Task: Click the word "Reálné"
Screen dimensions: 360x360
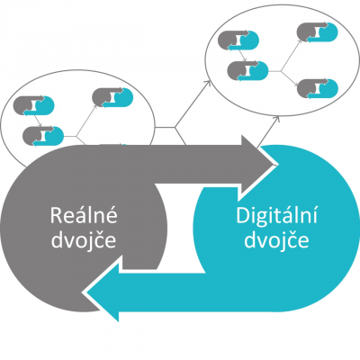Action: click(x=84, y=215)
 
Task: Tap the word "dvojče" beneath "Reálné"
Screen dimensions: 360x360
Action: click(x=84, y=240)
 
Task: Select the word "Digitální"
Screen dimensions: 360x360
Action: click(x=276, y=215)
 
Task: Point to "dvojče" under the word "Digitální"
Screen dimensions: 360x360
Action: click(x=276, y=240)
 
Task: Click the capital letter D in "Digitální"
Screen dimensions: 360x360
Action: click(x=242, y=216)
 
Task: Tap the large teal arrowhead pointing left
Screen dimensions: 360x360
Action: click(x=102, y=292)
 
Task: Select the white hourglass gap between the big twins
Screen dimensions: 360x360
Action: click(x=180, y=228)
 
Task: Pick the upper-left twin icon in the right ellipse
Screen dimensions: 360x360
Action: click(x=238, y=40)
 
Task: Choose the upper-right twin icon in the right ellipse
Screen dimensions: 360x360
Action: click(x=318, y=31)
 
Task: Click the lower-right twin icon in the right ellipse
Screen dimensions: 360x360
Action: click(x=318, y=88)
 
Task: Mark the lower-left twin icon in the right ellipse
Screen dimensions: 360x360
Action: click(x=247, y=71)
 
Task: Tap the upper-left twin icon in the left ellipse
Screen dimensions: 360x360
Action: click(x=33, y=105)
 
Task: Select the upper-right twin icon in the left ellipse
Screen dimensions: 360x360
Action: click(x=112, y=98)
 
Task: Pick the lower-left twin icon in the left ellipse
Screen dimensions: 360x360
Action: click(x=43, y=136)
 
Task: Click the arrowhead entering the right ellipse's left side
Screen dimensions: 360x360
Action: click(x=208, y=83)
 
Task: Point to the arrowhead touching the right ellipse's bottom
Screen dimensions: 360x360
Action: click(x=277, y=120)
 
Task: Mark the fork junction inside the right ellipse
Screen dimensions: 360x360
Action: click(x=281, y=71)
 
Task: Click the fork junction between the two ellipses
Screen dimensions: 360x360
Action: click(x=175, y=128)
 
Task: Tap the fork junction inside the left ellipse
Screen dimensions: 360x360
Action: click(x=76, y=137)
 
